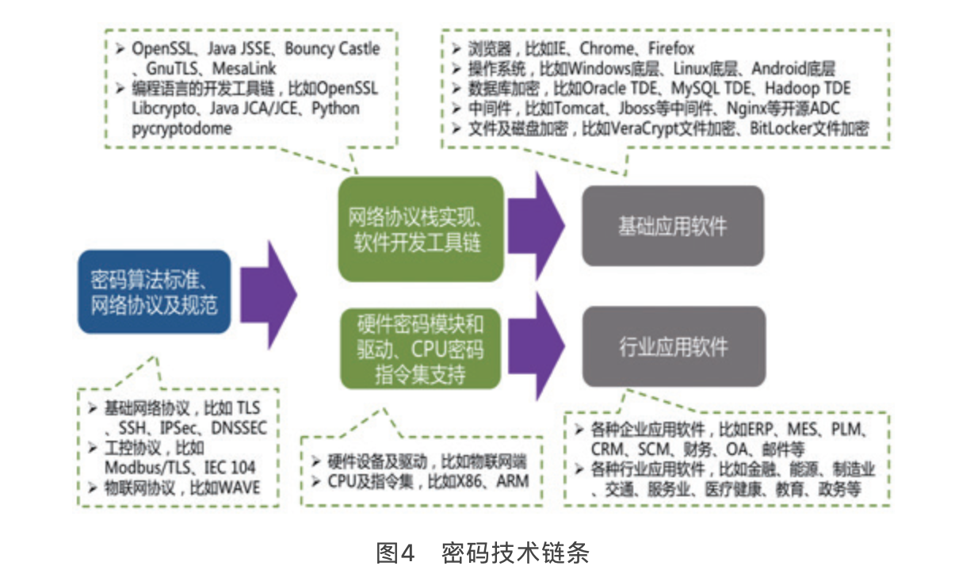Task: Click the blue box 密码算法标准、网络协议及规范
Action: point(155,292)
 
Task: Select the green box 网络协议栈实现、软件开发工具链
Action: point(421,229)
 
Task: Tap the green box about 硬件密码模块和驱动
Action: point(421,349)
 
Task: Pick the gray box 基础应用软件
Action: point(673,227)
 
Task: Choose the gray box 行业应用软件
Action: point(674,346)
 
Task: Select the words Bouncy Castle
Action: point(332,48)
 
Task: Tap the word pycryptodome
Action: point(182,128)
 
